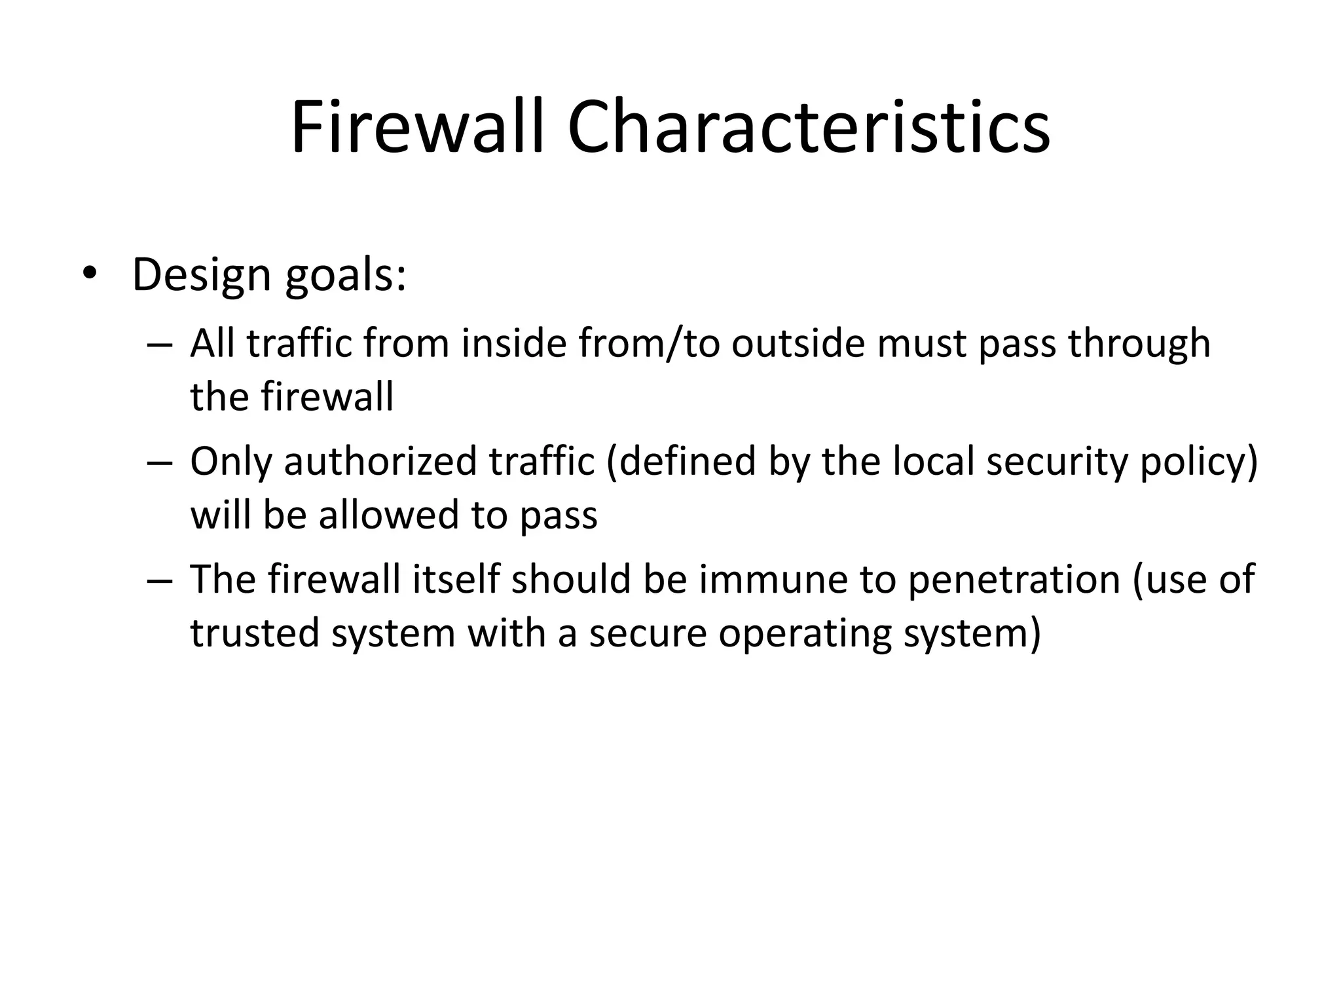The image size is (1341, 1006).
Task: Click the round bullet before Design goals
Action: (89, 275)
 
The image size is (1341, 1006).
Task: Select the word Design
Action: (201, 275)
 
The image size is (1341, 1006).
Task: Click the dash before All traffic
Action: (160, 345)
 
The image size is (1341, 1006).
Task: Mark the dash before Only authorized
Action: (160, 462)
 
